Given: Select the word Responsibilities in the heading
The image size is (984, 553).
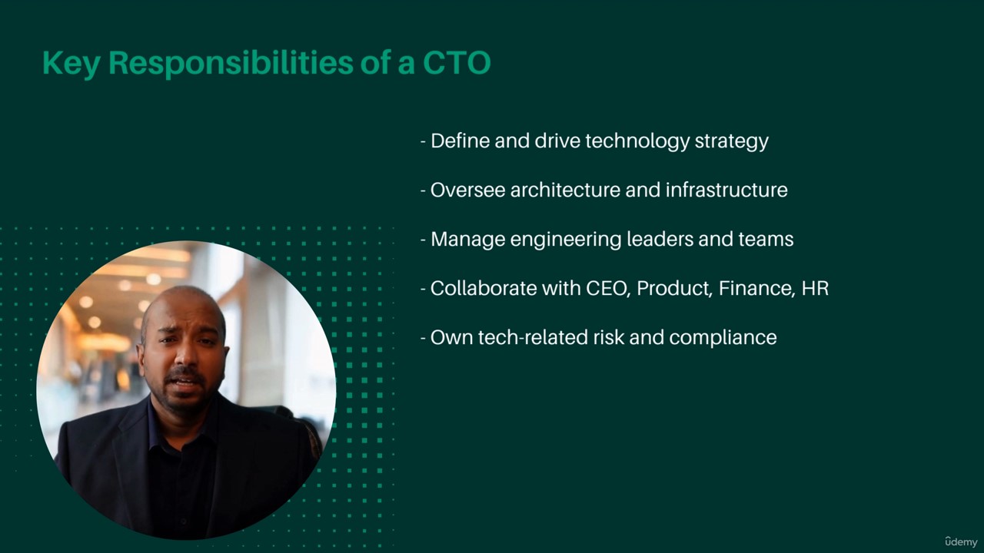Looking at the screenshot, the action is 231,64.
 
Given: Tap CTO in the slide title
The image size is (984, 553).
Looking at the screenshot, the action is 457,63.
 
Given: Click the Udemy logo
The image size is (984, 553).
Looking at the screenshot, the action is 961,542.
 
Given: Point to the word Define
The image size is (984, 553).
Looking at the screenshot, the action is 460,141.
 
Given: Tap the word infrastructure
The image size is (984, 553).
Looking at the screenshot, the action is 726,190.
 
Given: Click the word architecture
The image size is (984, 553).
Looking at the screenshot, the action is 565,190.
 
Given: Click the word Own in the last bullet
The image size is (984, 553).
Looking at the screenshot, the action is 451,337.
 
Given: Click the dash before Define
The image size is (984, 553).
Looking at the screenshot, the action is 423,142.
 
